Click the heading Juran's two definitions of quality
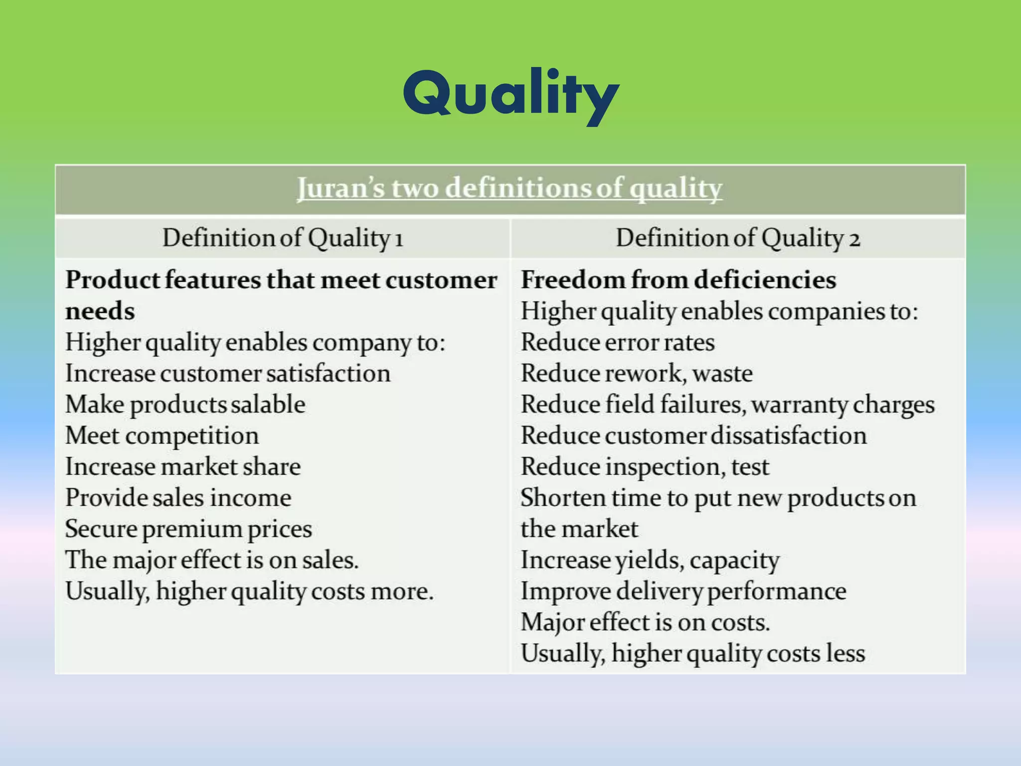510,189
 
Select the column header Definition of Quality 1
283,238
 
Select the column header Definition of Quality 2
738,238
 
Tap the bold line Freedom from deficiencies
678,280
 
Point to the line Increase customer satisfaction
228,374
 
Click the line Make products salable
185,404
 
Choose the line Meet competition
162,436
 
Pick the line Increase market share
183,467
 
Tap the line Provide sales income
178,498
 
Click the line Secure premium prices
188,529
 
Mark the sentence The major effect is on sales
212,560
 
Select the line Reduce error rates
617,343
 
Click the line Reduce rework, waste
637,374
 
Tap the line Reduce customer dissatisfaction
693,436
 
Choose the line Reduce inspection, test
645,467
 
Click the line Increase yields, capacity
650,560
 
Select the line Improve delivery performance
683,591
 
